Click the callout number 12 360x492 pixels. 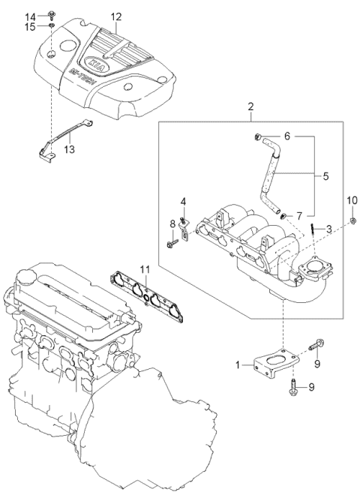click(x=115, y=16)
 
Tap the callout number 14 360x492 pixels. click(x=31, y=16)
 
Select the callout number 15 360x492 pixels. click(x=31, y=27)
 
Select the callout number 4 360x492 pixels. click(x=181, y=200)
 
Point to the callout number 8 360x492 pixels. click(x=172, y=223)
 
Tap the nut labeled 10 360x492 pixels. click(x=352, y=219)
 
